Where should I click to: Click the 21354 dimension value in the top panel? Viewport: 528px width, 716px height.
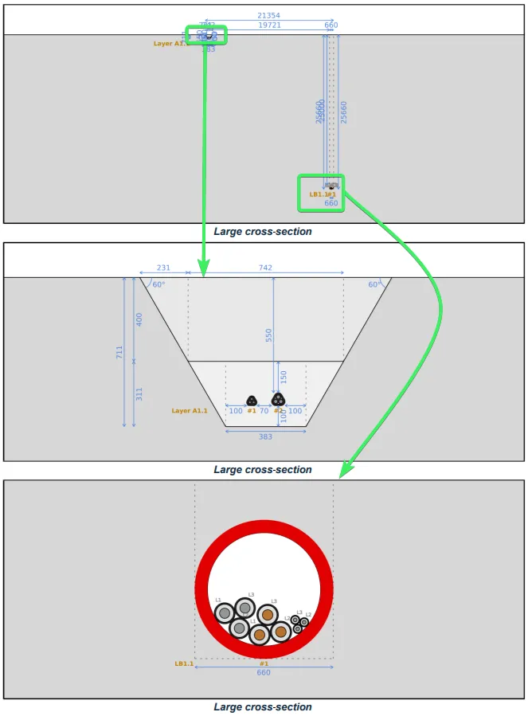coord(268,16)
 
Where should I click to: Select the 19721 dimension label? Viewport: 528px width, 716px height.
coord(269,25)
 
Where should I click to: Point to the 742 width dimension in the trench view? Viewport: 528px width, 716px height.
coord(265,268)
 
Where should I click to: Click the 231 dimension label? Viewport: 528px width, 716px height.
coord(163,268)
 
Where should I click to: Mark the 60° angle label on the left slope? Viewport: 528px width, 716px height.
coord(158,284)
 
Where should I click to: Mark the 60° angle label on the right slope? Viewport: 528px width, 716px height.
coord(374,284)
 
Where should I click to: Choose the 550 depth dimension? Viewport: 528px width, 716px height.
coord(269,335)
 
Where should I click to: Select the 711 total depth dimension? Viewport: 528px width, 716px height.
coord(119,351)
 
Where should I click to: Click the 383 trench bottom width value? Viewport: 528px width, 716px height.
coord(265,436)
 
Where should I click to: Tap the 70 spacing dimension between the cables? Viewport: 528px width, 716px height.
coord(264,411)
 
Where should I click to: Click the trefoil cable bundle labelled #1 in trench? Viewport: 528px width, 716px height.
coord(252,401)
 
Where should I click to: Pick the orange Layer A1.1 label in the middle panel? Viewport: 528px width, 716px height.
coord(190,411)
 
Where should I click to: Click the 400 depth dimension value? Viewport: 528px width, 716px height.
coord(139,319)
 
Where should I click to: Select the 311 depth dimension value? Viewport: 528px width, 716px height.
coord(139,393)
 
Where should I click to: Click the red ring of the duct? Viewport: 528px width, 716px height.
coord(264,527)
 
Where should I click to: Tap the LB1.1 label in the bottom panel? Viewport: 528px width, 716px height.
coord(184,663)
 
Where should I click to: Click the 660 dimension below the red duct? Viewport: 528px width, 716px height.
coord(264,673)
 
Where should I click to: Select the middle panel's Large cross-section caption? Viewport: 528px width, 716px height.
coord(263,470)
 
